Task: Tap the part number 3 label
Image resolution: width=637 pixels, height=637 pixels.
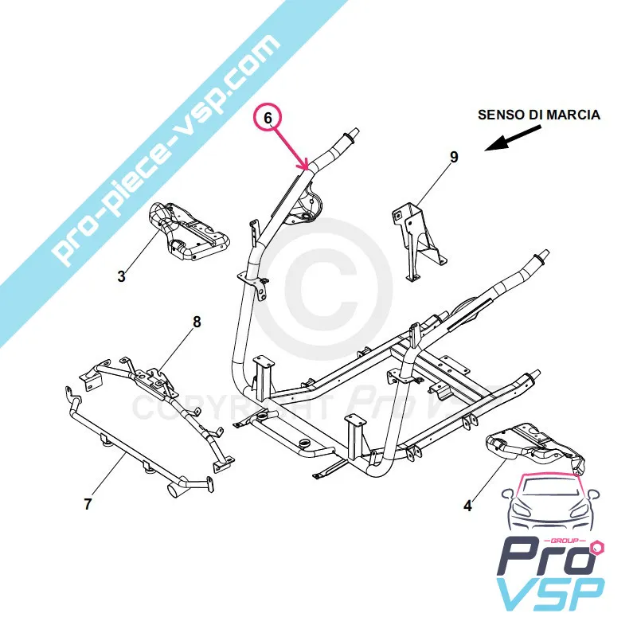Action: coord(122,277)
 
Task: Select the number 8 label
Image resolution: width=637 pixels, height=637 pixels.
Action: coord(197,322)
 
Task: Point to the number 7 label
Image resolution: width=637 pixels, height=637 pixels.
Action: coord(88,503)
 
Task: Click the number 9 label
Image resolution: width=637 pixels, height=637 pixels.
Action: coord(454,158)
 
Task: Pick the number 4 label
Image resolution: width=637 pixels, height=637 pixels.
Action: coord(468,505)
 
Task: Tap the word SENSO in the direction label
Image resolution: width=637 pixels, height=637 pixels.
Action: coord(498,115)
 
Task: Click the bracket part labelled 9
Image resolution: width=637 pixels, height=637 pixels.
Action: coord(416,236)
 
